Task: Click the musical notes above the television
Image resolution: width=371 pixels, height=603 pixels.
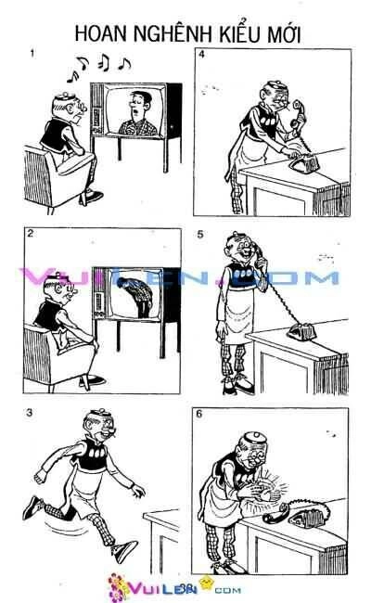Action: tap(102, 64)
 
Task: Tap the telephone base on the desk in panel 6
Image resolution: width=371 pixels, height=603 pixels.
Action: tap(319, 510)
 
